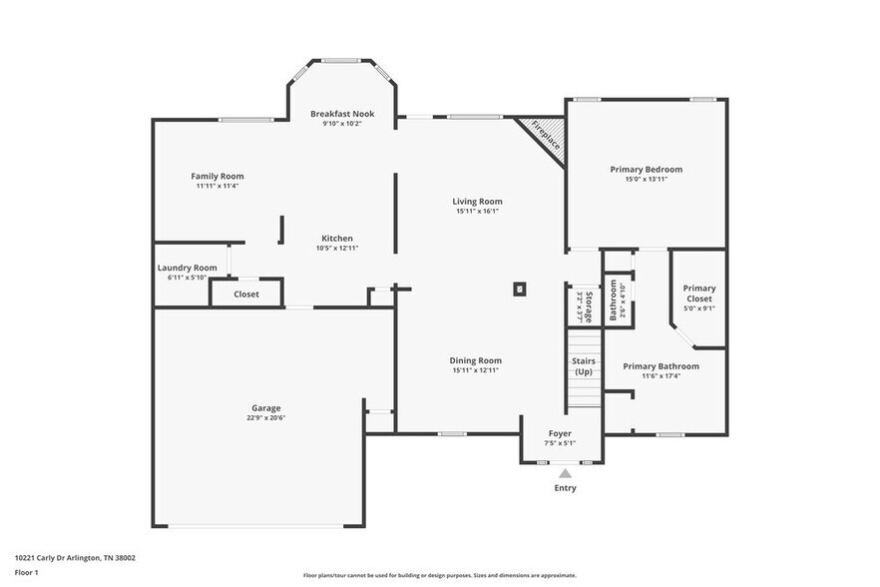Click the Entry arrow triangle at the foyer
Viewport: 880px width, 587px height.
point(565,473)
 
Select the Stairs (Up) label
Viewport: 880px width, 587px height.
point(584,366)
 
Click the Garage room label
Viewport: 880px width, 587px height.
point(265,407)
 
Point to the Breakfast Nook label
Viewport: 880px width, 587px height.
point(341,114)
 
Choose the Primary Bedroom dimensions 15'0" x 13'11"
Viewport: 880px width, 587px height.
point(646,180)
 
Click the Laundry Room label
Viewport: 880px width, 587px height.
point(187,268)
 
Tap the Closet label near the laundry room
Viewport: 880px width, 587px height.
point(246,294)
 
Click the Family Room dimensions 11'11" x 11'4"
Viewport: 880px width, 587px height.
point(217,186)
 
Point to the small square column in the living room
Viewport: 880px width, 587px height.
point(519,290)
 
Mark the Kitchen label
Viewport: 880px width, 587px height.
point(337,238)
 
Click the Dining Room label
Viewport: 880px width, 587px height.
point(476,360)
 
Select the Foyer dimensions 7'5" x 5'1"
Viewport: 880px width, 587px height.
point(559,443)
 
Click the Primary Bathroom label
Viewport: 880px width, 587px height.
point(660,366)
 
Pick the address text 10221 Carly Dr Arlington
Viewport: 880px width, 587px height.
point(75,558)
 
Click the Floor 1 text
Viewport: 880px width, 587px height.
point(26,572)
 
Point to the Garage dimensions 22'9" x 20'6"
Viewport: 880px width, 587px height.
point(265,417)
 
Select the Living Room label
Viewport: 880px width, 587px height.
point(477,201)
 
